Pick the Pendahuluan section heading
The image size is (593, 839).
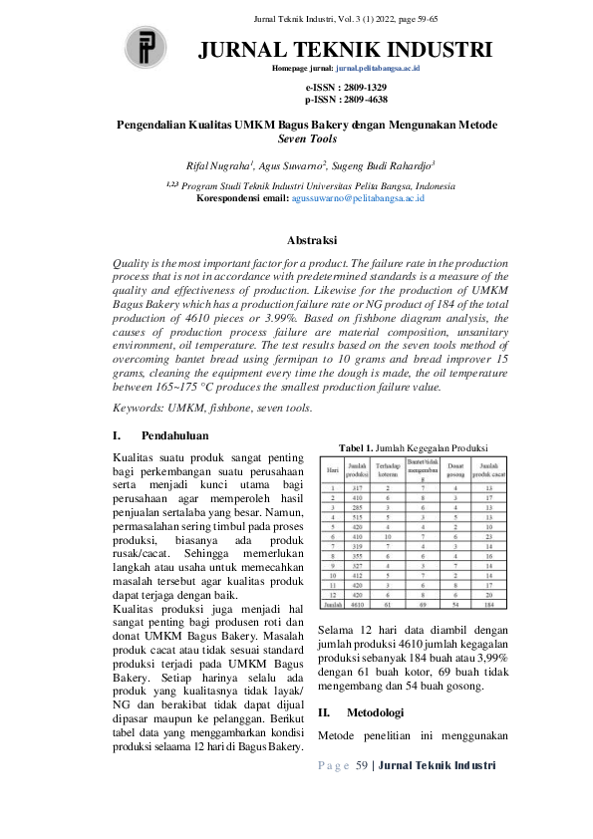pyautogui.click(x=174, y=435)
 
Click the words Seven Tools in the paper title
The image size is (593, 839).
pyautogui.click(x=305, y=140)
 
